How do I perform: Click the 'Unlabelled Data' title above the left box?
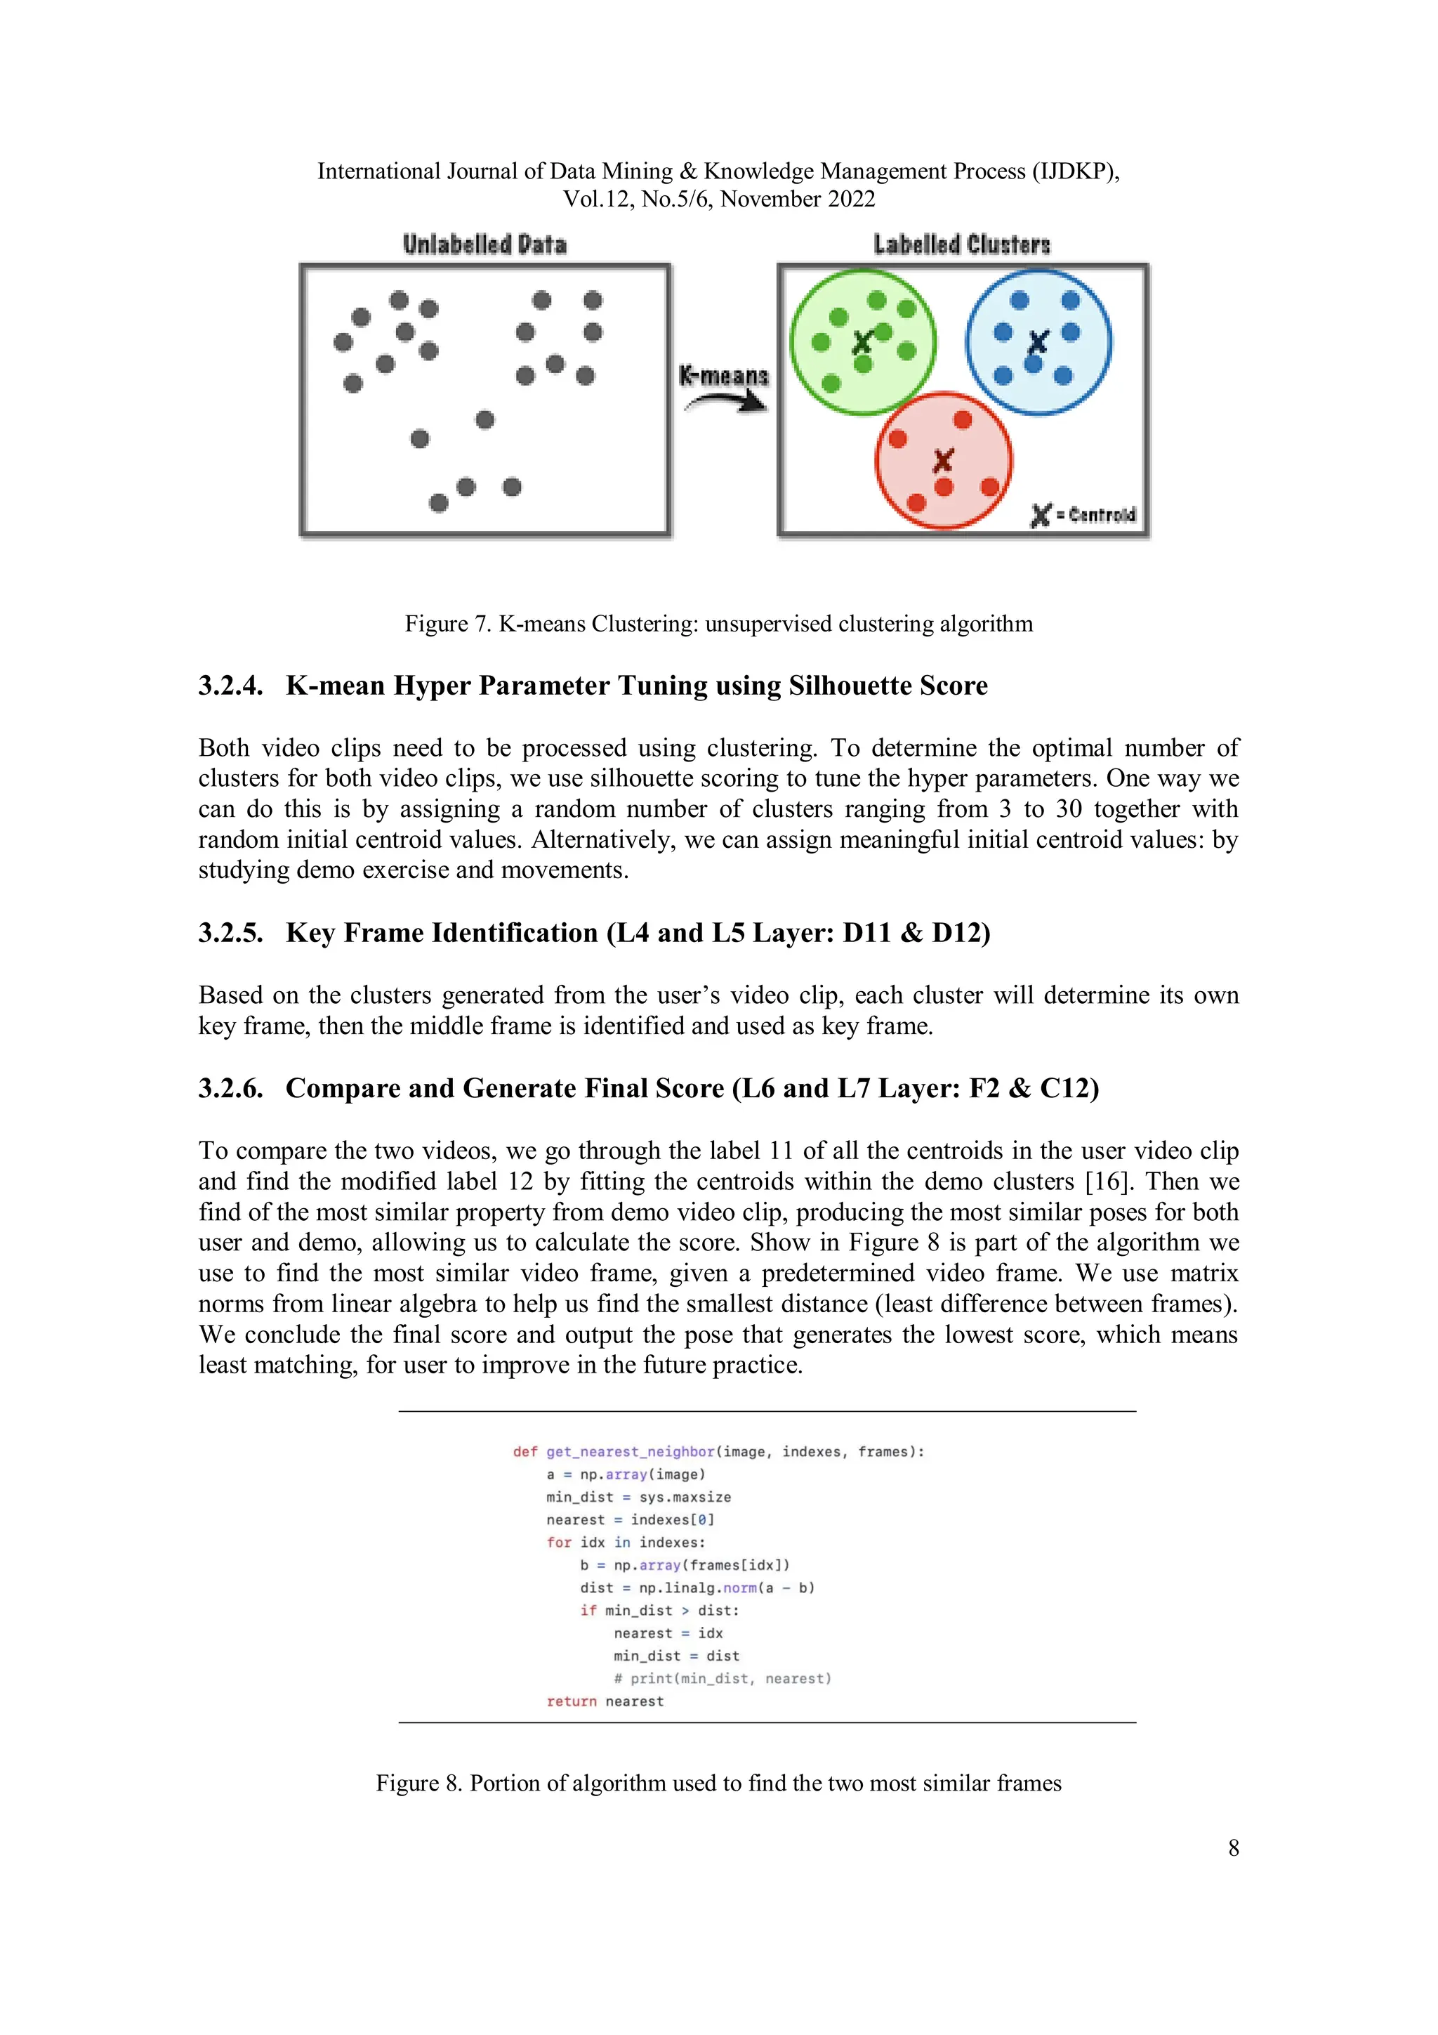point(484,244)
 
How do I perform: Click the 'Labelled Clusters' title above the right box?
point(961,244)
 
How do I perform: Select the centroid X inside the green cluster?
point(862,341)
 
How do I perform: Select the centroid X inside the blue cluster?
point(1038,341)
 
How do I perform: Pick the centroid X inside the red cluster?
point(943,460)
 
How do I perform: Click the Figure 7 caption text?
point(718,624)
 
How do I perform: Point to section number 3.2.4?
point(230,686)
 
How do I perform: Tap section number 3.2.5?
point(230,934)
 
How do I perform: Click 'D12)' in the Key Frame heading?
point(961,934)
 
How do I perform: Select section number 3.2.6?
point(230,1088)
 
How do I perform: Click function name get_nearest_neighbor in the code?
point(630,1452)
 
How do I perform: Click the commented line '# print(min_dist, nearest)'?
point(722,1679)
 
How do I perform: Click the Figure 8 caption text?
point(718,1784)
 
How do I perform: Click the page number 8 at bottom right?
point(1234,1848)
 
